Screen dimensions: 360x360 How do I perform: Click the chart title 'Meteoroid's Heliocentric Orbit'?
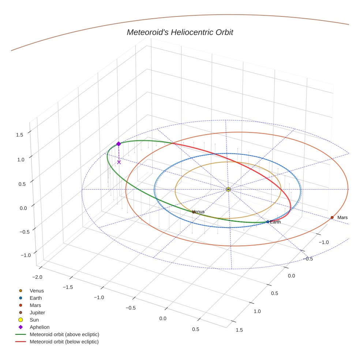(x=180, y=33)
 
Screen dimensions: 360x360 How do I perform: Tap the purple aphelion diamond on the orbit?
(x=119, y=144)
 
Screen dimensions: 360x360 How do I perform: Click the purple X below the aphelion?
(x=119, y=162)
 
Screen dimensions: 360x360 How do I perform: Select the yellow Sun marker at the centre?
(x=228, y=189)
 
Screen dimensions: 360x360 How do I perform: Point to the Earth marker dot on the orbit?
(x=268, y=222)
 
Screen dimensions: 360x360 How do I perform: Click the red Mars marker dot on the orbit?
(x=332, y=217)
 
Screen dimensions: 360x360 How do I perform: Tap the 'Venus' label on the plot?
(x=198, y=211)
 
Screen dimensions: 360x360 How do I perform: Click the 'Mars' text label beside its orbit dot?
(x=342, y=218)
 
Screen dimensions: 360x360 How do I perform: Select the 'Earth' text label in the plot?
(x=275, y=222)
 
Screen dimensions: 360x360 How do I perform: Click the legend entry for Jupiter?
(x=37, y=312)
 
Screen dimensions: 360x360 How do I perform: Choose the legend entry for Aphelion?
(x=39, y=327)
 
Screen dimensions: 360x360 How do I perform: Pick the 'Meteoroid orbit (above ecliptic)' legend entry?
(x=64, y=334)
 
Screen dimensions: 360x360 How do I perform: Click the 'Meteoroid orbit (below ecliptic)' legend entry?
(x=64, y=342)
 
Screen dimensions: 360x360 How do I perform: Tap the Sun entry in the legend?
(x=34, y=320)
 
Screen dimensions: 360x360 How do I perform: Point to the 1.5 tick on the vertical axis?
(x=20, y=135)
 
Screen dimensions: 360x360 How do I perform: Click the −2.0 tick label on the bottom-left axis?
(x=37, y=277)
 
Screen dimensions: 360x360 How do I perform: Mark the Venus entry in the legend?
(x=37, y=290)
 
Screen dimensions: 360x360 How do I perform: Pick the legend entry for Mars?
(x=35, y=305)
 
